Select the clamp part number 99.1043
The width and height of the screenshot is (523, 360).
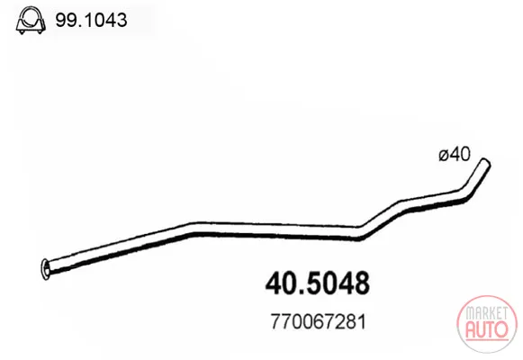point(91,20)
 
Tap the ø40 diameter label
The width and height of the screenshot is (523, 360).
point(455,154)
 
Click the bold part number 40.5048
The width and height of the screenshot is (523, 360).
point(318,283)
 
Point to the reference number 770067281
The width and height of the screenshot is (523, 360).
point(318,321)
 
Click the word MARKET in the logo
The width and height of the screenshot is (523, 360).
point(486,313)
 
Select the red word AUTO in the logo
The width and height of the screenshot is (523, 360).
point(487,328)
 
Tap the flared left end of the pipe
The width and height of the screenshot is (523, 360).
point(46,269)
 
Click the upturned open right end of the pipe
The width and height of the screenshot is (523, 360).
point(484,164)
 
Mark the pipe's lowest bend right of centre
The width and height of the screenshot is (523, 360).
point(359,233)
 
